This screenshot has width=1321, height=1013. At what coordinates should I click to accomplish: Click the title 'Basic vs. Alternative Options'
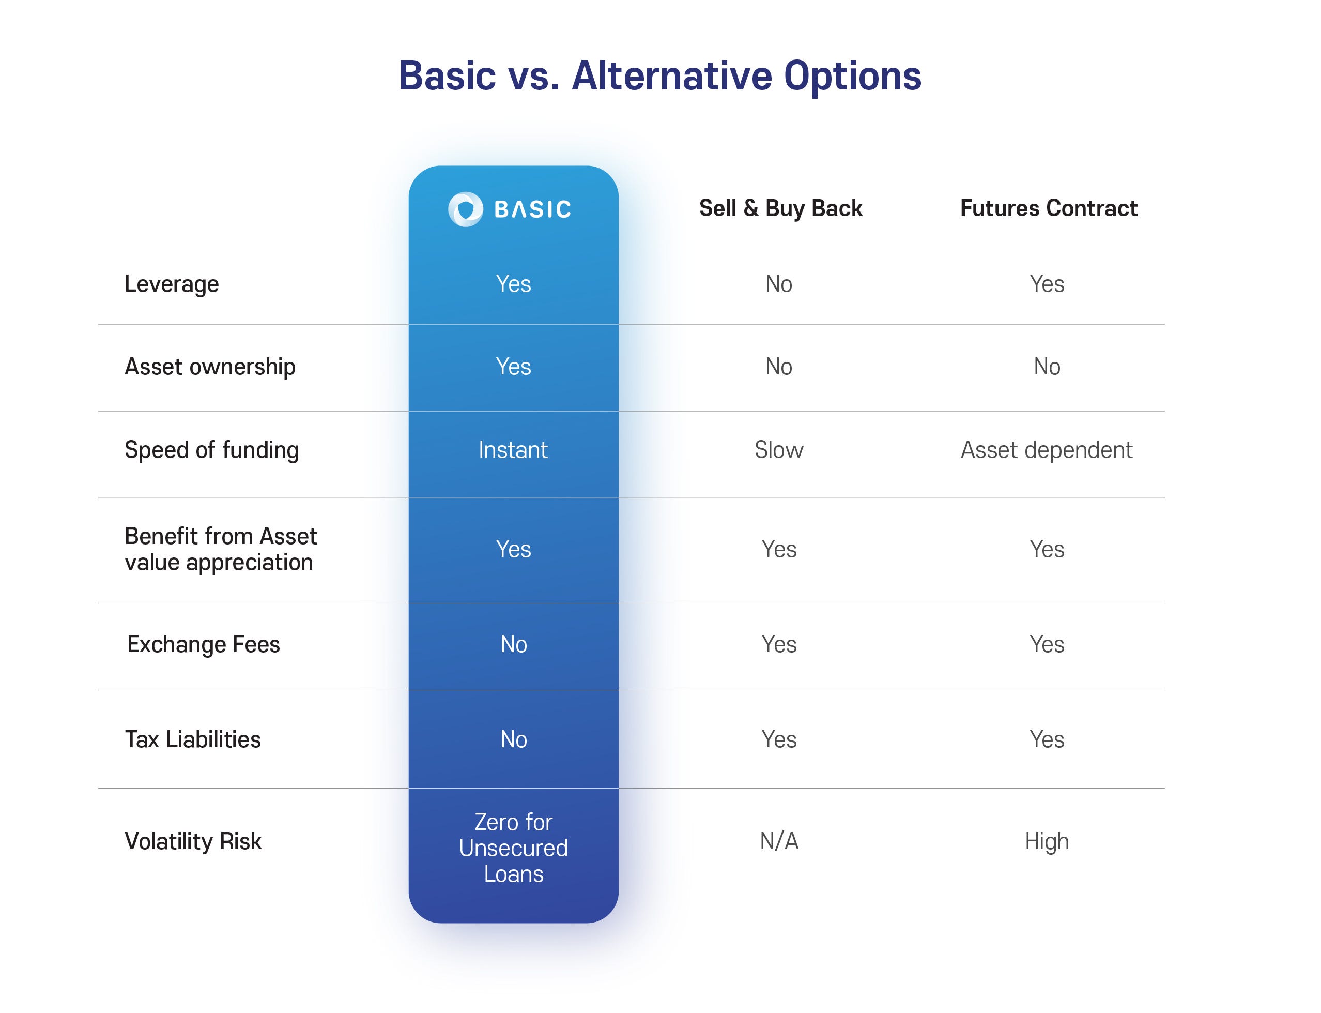click(x=660, y=77)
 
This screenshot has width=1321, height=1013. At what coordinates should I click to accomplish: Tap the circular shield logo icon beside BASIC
click(x=465, y=209)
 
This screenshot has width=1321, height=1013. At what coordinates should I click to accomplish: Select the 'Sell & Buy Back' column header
click(x=780, y=208)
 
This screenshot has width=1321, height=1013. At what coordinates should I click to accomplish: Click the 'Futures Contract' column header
click(x=1049, y=208)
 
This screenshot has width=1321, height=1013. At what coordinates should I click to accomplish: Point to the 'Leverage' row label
click(x=172, y=284)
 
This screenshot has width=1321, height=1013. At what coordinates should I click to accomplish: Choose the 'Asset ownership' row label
click(x=210, y=367)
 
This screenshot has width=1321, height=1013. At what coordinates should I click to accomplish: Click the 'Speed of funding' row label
click(x=211, y=450)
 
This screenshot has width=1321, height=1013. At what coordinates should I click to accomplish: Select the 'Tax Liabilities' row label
click(x=193, y=739)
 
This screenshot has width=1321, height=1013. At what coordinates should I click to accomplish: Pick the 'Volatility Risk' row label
click(x=193, y=841)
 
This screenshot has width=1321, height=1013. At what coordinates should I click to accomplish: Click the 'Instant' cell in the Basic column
click(x=513, y=450)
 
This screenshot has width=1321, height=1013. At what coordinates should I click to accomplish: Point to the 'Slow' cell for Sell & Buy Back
click(x=779, y=450)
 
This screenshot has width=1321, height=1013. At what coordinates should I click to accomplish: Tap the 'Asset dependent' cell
click(x=1047, y=450)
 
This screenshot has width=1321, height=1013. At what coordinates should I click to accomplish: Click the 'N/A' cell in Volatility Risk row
click(x=779, y=841)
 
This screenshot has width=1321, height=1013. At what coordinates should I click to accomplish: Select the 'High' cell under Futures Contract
click(x=1047, y=842)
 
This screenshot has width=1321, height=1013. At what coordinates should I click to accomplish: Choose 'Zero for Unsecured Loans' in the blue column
click(x=513, y=848)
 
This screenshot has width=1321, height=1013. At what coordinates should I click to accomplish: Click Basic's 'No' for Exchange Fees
click(x=513, y=645)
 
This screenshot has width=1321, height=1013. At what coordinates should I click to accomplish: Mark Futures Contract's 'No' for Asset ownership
click(x=1047, y=367)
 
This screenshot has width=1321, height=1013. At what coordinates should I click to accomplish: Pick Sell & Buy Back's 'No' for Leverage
click(x=779, y=284)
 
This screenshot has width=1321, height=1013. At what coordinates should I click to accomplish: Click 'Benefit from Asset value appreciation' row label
click(x=221, y=549)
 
